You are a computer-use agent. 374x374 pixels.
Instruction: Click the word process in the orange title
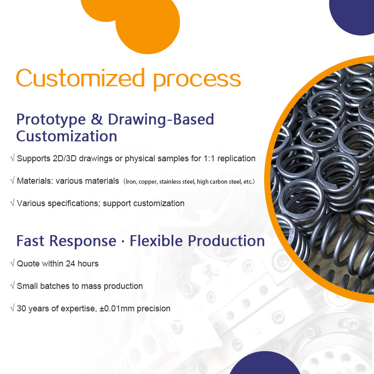tap(197, 79)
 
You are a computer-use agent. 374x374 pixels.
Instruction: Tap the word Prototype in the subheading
tap(50, 120)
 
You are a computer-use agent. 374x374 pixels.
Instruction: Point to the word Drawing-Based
tap(161, 120)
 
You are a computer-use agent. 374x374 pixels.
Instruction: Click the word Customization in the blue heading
tap(66, 136)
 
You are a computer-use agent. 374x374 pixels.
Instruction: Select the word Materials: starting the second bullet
tap(35, 180)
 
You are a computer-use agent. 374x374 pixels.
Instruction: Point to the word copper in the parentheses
tap(149, 181)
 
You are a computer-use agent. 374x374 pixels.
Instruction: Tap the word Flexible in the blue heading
tap(157, 241)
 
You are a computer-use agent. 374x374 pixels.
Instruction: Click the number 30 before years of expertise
tap(22, 309)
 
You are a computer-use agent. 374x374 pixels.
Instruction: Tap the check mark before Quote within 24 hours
tap(12, 263)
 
